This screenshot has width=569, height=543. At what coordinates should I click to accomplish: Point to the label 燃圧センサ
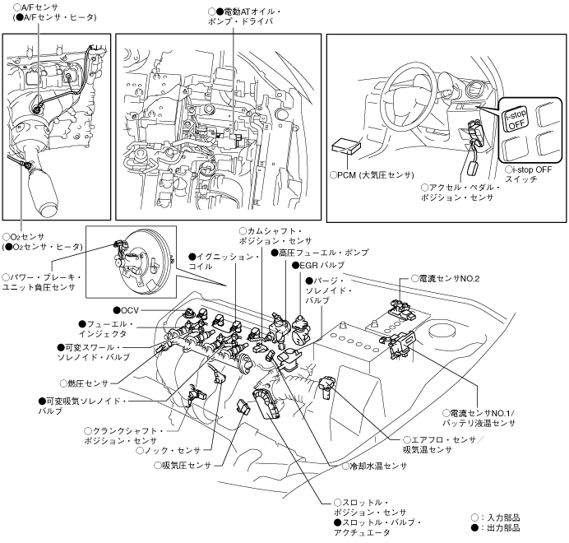86,383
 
